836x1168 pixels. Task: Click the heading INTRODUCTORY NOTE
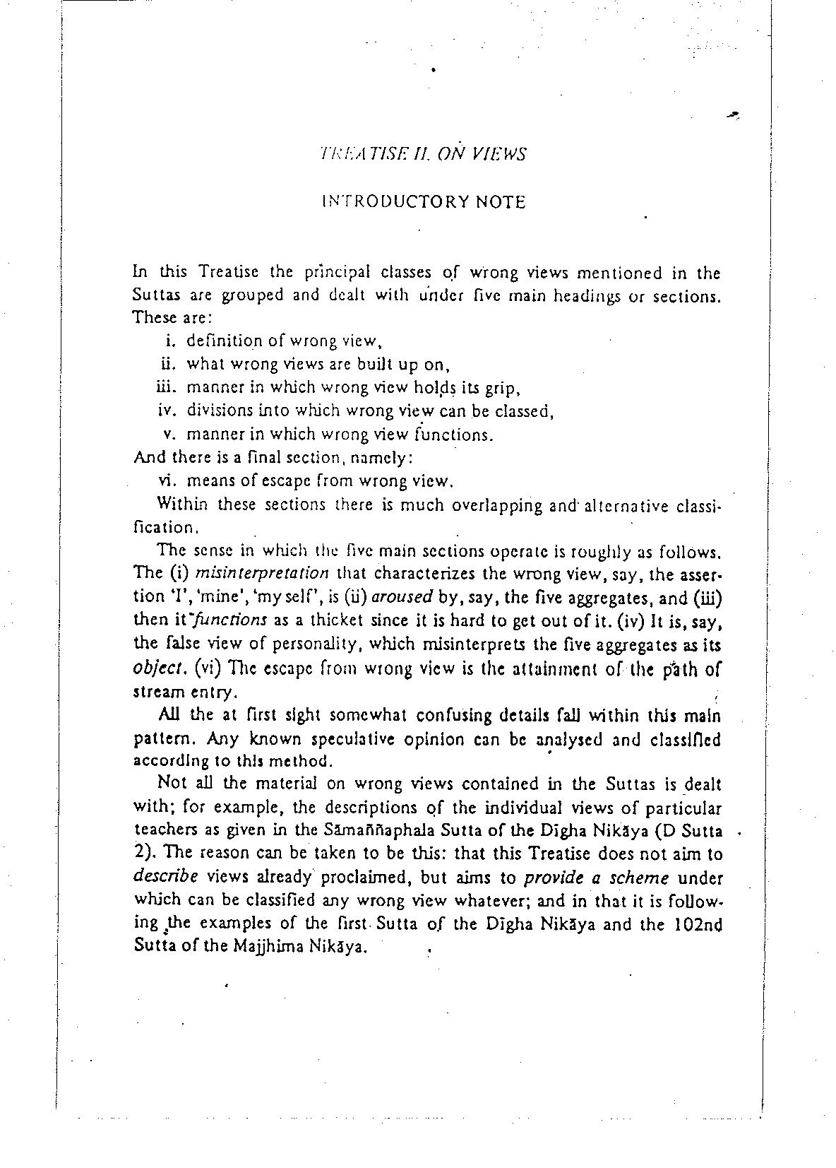[424, 202]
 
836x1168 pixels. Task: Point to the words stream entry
[181, 692]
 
